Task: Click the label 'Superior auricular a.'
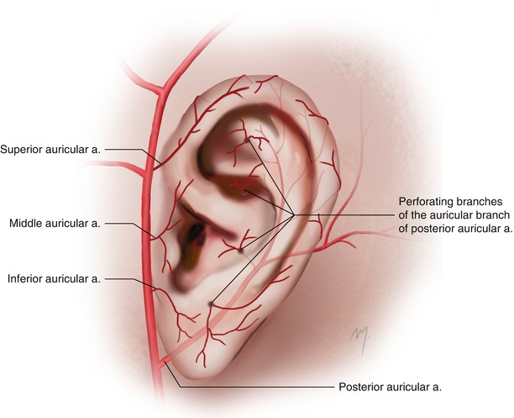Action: [x=50, y=150]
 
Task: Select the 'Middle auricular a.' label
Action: [x=55, y=223]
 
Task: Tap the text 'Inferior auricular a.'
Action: [x=54, y=278]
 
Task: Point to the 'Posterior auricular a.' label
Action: [x=390, y=387]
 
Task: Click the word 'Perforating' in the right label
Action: [x=425, y=201]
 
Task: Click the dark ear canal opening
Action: [x=196, y=232]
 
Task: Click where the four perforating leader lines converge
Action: [x=293, y=215]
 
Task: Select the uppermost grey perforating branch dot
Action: [x=248, y=140]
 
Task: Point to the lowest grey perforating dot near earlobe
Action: [x=211, y=304]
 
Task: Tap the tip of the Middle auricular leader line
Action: [x=155, y=237]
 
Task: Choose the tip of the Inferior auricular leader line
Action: [x=155, y=290]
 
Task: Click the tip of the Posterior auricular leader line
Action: [x=165, y=361]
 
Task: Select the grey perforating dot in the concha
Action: [x=240, y=251]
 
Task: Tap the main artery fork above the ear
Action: [x=161, y=90]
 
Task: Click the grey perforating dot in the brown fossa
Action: [x=244, y=191]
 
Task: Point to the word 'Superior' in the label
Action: [x=21, y=150]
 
